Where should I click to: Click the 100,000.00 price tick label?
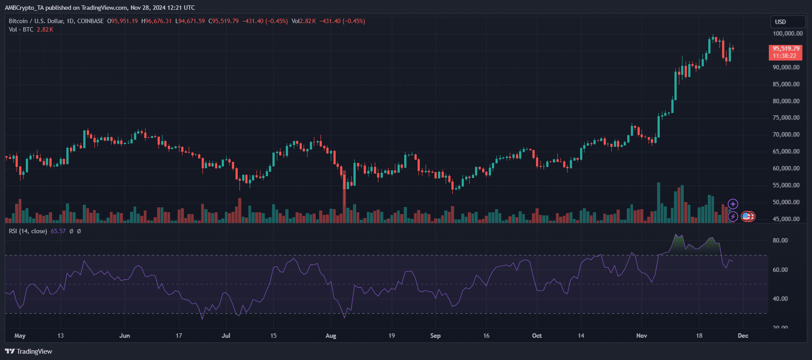pyautogui.click(x=788, y=33)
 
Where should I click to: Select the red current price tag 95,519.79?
pyautogui.click(x=786, y=49)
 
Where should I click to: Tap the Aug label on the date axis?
pyautogui.click(x=331, y=336)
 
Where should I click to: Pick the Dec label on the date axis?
pyautogui.click(x=743, y=336)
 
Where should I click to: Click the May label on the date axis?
pyautogui.click(x=20, y=336)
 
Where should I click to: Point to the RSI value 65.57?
pyautogui.click(x=58, y=231)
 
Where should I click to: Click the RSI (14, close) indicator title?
pyautogui.click(x=28, y=231)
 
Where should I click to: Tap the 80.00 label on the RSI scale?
pyautogui.click(x=780, y=240)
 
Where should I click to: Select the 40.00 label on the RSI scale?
pyautogui.click(x=780, y=299)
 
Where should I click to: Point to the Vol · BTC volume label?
pyautogui.click(x=21, y=29)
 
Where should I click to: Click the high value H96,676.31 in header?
pyautogui.click(x=156, y=21)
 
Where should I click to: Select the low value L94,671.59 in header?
pyautogui.click(x=190, y=21)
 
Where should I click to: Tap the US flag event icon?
pyautogui.click(x=747, y=217)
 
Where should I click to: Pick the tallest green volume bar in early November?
pyautogui.click(x=658, y=202)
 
